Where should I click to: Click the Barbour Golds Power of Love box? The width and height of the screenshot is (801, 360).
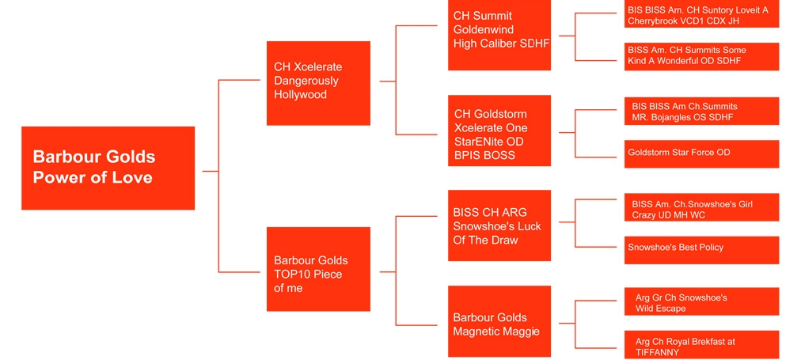click(x=108, y=168)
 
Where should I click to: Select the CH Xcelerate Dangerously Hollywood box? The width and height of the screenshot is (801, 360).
click(x=318, y=82)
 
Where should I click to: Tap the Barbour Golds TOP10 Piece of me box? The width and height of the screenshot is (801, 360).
click(x=318, y=269)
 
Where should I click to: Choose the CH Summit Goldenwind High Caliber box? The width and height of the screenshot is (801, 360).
click(x=499, y=35)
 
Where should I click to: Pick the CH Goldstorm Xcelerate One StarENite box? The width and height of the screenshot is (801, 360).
click(x=499, y=131)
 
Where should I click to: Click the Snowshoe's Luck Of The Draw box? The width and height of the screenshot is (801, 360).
click(x=499, y=225)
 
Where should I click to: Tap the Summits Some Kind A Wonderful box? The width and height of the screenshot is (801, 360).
click(x=702, y=56)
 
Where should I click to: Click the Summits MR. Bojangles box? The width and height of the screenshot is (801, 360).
click(x=702, y=112)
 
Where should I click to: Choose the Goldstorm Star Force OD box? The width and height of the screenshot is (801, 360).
click(x=702, y=153)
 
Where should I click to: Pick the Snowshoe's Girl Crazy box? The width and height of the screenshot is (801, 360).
click(x=702, y=207)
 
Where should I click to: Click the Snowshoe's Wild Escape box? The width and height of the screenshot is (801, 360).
click(x=702, y=301)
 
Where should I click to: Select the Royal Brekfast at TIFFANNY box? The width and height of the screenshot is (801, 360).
click(x=702, y=345)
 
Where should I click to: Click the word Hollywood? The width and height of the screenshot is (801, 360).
click(x=301, y=95)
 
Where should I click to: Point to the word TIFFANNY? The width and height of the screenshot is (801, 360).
click(x=658, y=352)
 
